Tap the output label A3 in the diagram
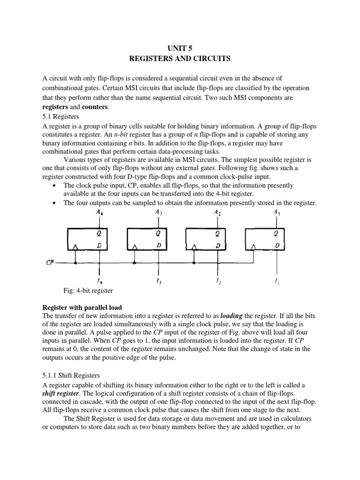coord(158,212)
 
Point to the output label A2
coord(217,212)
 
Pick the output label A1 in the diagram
coord(277,212)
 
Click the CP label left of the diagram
coord(50,262)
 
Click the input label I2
coord(217,282)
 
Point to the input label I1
coord(277,282)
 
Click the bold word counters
coord(95,107)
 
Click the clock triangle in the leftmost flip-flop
coord(75,246)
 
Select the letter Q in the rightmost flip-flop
coord(277,232)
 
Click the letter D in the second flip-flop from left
coord(159,245)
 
